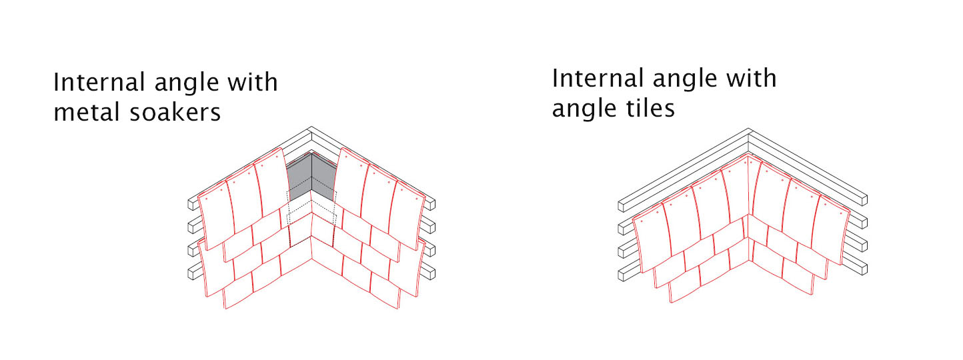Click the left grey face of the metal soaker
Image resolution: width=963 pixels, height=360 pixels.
tap(299, 178)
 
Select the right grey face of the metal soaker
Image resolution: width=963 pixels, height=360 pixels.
tap(323, 177)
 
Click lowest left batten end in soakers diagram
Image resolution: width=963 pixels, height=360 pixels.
tap(193, 273)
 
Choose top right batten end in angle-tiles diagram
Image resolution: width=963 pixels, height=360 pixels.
tap(863, 200)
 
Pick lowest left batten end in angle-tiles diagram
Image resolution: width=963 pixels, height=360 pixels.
tap(622, 275)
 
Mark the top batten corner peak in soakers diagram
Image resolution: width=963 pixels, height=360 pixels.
tap(311, 127)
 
